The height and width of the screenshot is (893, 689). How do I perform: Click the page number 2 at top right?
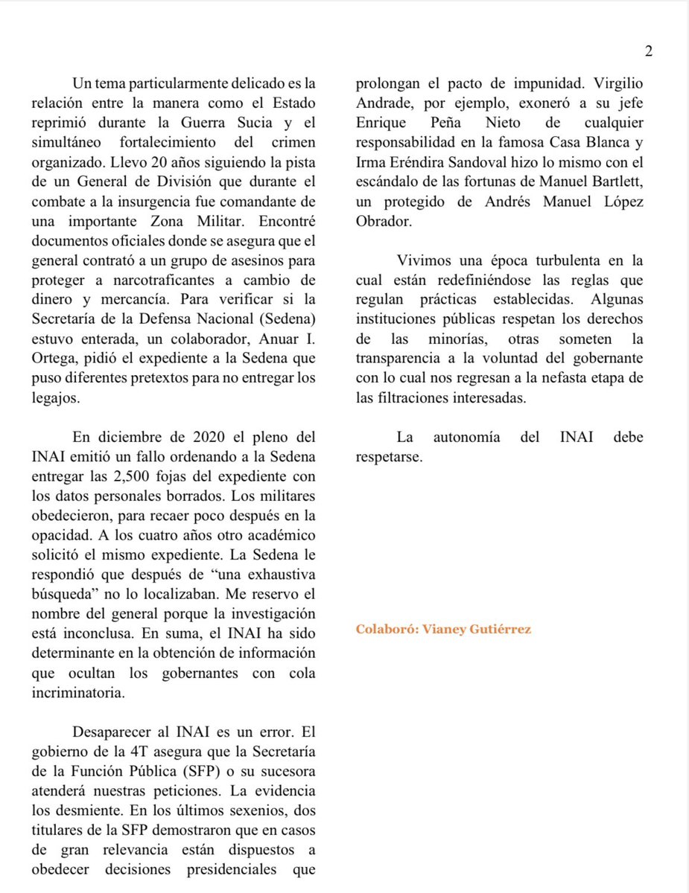click(648, 51)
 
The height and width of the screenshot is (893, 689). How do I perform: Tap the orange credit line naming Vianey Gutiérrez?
click(443, 630)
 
